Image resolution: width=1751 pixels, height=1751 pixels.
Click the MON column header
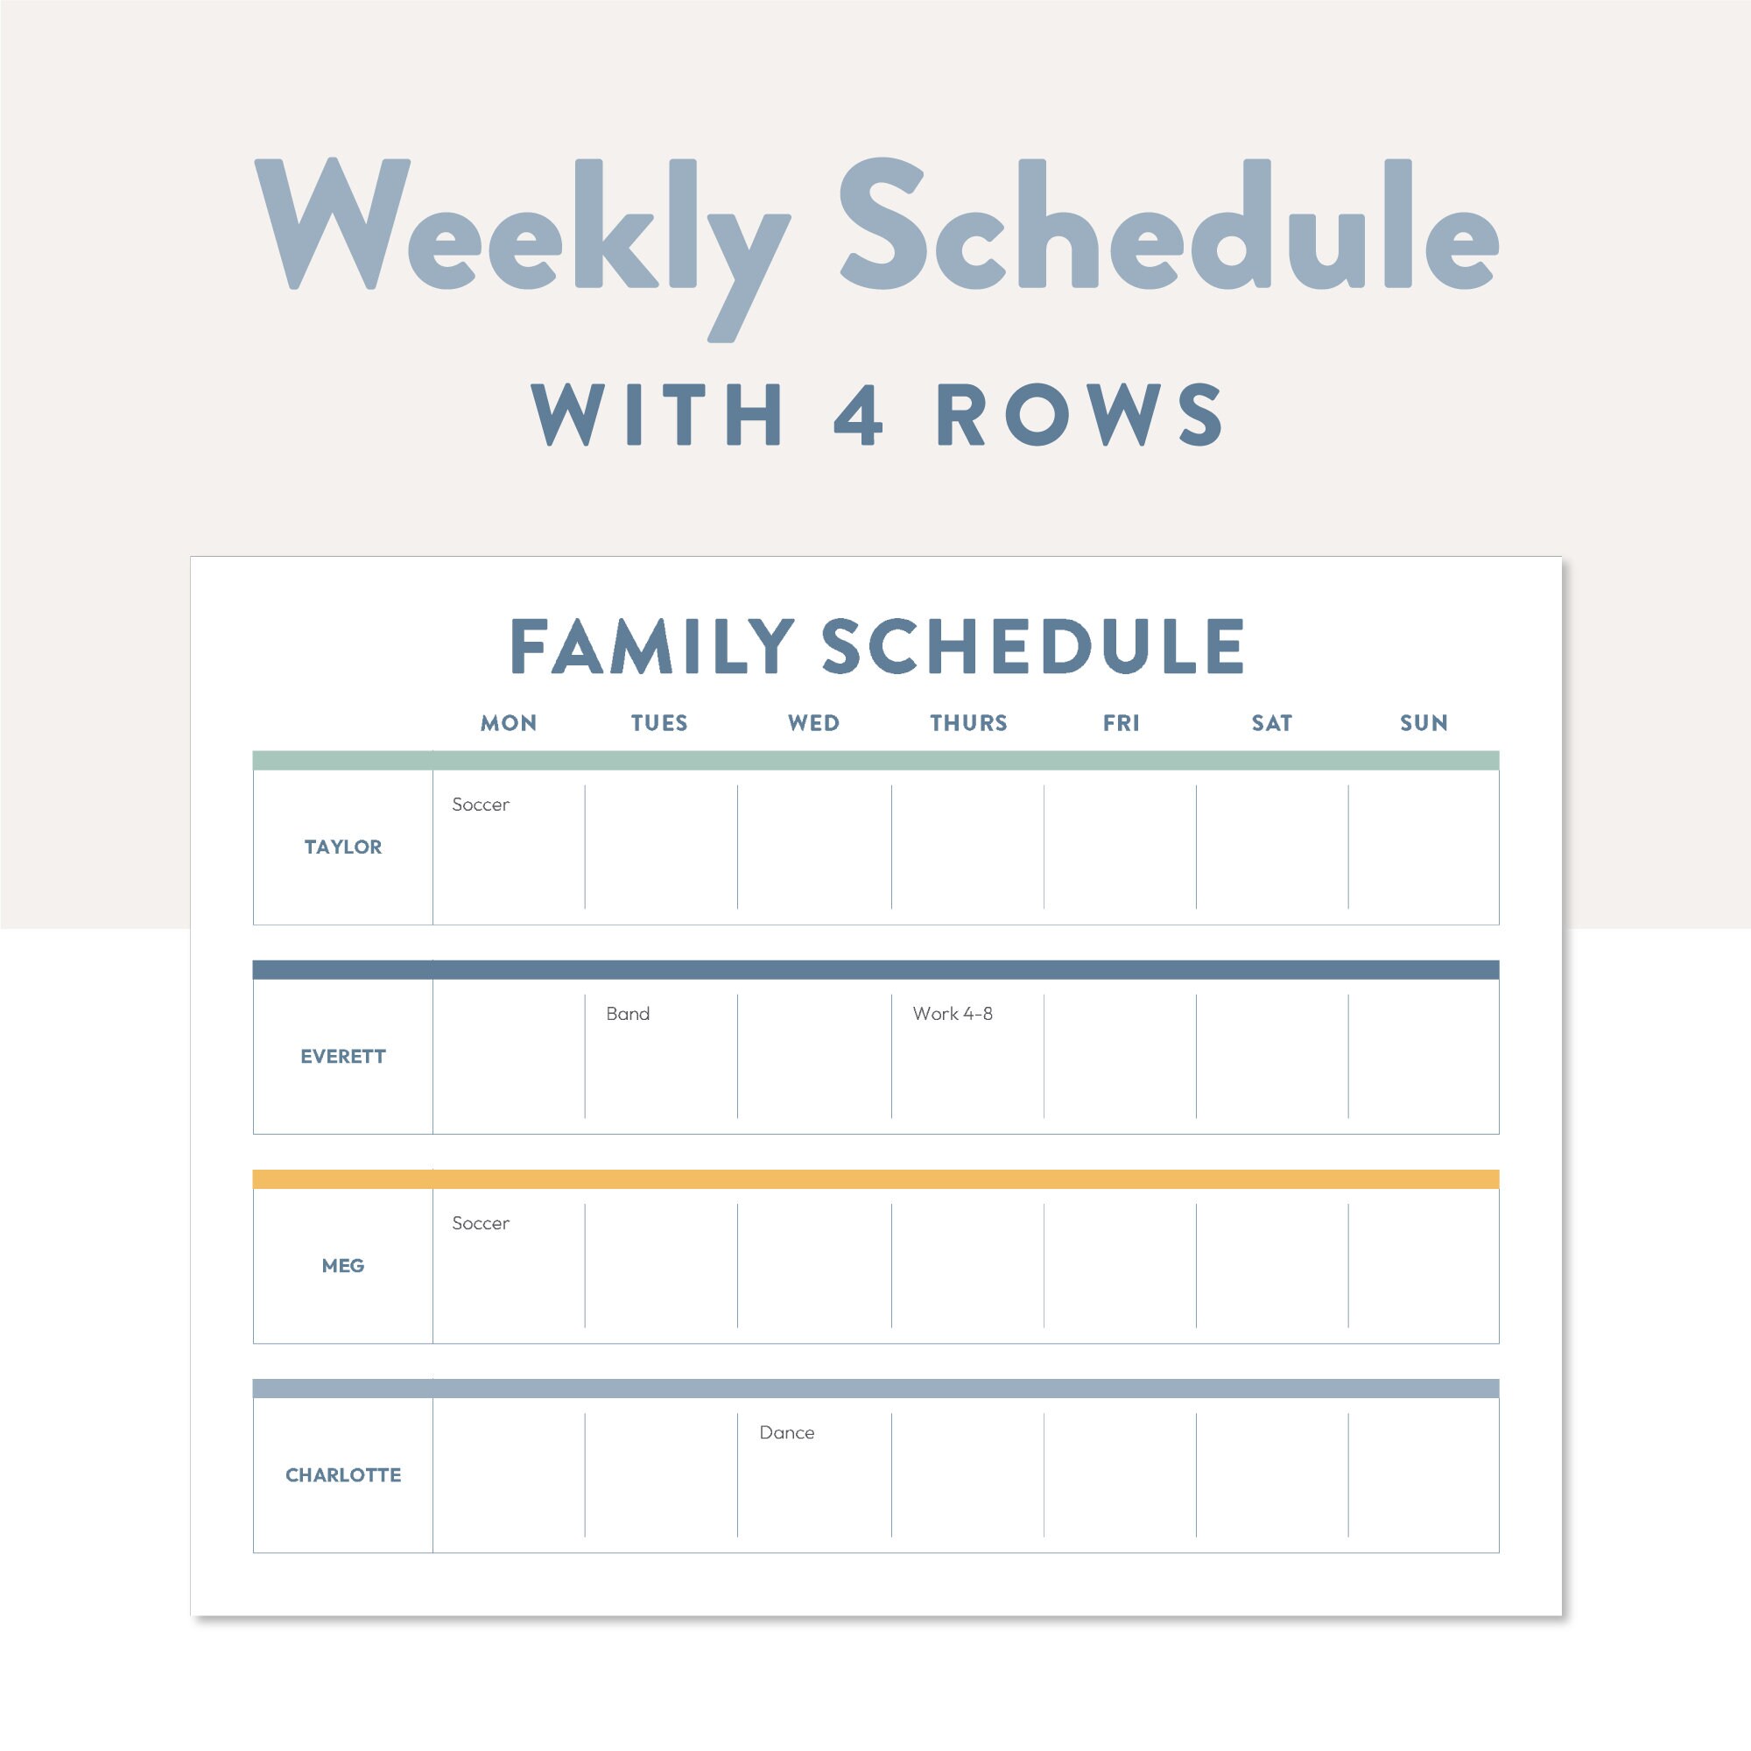pos(509,723)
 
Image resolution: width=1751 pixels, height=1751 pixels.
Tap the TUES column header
pos(659,723)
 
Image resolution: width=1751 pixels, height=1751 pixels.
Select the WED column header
pos(813,723)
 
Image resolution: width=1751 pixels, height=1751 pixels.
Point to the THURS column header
pos(968,723)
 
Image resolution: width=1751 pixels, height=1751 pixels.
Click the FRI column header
pos(1122,723)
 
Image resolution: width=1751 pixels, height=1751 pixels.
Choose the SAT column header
pos(1271,723)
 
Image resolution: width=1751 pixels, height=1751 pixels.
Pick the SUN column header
pos(1424,723)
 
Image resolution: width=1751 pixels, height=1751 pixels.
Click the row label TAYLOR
pos(342,847)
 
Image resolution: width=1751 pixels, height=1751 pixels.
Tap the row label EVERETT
pos(342,1056)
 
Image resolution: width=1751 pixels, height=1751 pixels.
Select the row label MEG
pos(342,1265)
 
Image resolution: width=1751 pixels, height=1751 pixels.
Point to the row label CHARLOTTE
pos(342,1474)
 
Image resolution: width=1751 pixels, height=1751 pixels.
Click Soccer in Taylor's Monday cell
pos(481,804)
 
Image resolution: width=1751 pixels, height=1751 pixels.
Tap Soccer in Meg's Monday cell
pos(481,1222)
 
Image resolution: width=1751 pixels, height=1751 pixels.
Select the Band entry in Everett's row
pos(627,1013)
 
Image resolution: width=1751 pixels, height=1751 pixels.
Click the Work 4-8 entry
pos(953,1013)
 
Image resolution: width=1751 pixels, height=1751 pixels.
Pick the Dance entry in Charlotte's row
pos(787,1432)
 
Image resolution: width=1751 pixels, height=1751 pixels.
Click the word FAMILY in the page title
pos(652,646)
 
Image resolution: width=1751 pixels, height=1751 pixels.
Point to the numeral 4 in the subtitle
pos(857,415)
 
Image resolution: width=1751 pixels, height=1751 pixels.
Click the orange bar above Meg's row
pos(875,1179)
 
